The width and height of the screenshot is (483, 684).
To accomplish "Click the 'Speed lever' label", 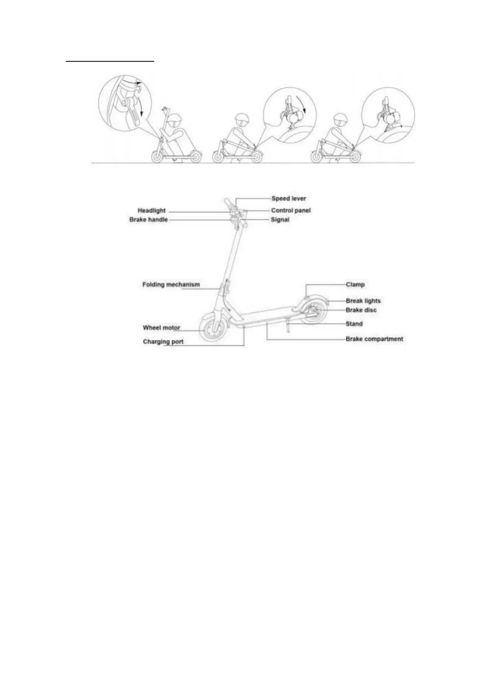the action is (x=289, y=199).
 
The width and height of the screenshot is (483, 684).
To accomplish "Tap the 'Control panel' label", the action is (x=291, y=210).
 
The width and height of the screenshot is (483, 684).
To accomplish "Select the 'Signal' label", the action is (x=280, y=220).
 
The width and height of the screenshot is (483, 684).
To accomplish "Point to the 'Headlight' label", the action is (x=151, y=210).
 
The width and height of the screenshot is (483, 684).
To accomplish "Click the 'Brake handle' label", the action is (x=148, y=220).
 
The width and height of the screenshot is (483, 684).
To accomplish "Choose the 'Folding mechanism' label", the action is (x=171, y=284).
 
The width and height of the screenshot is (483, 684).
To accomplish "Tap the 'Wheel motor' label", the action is (x=161, y=327).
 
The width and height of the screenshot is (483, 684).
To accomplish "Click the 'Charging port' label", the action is (x=163, y=342).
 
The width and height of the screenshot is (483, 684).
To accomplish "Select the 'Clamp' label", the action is (x=355, y=284).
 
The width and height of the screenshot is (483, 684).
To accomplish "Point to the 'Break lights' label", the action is (x=363, y=301).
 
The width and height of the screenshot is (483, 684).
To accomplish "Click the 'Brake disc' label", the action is (x=361, y=310).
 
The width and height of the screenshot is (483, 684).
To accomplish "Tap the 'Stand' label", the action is (x=354, y=324).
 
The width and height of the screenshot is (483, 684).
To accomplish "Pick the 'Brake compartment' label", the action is (x=374, y=339).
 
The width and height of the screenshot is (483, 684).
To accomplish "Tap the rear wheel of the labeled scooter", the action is (x=314, y=312).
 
